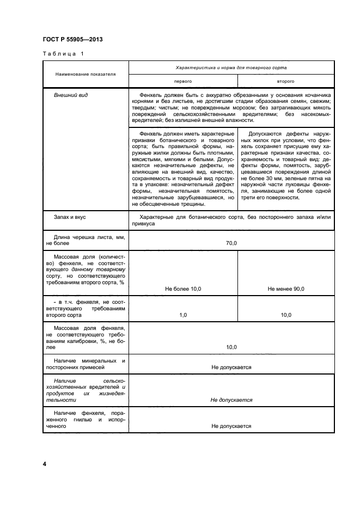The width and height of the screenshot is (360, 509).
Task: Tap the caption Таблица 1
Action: click(x=63, y=54)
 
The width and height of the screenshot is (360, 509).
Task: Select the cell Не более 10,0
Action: click(x=183, y=289)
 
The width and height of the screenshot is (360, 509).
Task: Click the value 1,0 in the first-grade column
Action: click(x=183, y=315)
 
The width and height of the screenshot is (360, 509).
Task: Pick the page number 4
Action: click(x=45, y=464)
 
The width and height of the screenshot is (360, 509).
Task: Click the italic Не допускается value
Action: click(x=231, y=400)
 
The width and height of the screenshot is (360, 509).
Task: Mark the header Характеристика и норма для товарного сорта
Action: click(x=231, y=68)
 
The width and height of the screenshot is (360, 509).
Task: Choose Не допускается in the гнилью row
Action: click(x=231, y=426)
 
